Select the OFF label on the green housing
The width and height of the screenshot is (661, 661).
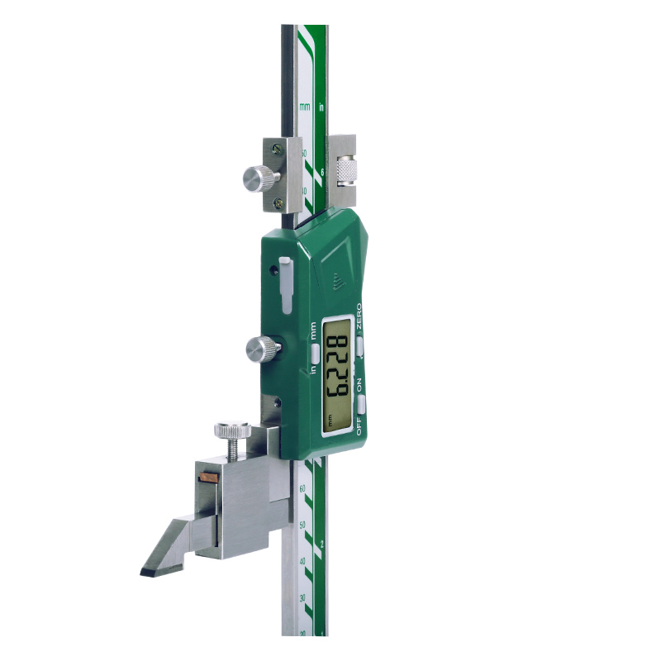[x=359, y=427]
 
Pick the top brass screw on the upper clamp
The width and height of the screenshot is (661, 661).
[x=278, y=148]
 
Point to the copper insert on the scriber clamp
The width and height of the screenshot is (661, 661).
[x=207, y=478]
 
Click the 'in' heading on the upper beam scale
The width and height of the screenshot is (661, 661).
[x=321, y=107]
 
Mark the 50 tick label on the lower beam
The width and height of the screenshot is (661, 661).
[x=302, y=525]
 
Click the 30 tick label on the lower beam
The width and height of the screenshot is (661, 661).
[x=302, y=597]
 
